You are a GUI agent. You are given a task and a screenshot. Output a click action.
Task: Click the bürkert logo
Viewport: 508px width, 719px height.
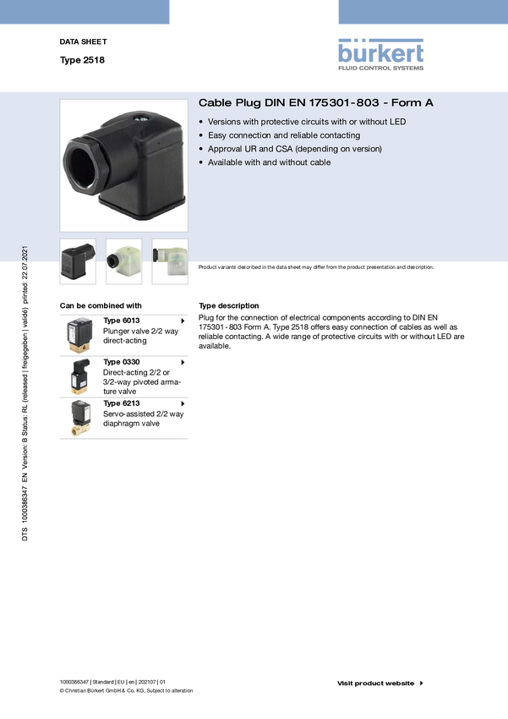click(x=380, y=55)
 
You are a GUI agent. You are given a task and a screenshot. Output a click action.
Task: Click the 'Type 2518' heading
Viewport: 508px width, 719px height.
click(x=82, y=60)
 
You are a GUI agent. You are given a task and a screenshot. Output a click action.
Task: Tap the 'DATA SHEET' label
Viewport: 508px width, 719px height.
click(x=83, y=41)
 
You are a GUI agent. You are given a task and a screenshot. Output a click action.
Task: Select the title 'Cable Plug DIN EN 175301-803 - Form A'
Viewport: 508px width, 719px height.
click(x=315, y=102)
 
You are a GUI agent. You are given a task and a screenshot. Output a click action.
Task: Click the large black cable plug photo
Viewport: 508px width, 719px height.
click(x=123, y=166)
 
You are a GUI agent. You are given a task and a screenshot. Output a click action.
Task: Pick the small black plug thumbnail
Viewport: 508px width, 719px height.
click(x=78, y=261)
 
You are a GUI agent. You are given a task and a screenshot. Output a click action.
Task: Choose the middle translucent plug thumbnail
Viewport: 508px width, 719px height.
click(x=123, y=261)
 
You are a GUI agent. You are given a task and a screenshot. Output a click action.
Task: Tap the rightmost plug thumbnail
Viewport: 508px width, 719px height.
click(x=170, y=261)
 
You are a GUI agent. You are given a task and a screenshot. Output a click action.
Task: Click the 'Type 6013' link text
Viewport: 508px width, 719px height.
click(x=122, y=321)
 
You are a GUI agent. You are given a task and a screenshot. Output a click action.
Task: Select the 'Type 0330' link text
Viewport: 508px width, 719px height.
click(x=122, y=362)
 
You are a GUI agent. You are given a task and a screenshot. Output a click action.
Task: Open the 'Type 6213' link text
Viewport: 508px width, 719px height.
click(x=122, y=403)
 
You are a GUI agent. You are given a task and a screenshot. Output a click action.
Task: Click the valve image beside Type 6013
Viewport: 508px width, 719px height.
click(x=79, y=335)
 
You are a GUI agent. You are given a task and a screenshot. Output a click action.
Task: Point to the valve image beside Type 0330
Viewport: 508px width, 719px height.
click(x=79, y=376)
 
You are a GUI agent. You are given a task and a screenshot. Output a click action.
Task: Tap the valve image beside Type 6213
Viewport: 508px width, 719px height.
click(x=80, y=418)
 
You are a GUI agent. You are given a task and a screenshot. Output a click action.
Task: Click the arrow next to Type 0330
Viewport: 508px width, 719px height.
click(x=183, y=362)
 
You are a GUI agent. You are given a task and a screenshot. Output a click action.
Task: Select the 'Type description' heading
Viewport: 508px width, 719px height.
click(x=228, y=306)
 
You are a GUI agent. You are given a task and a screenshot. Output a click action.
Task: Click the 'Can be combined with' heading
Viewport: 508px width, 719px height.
click(x=101, y=306)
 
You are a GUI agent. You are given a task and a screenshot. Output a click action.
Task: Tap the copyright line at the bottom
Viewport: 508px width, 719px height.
click(x=126, y=690)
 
